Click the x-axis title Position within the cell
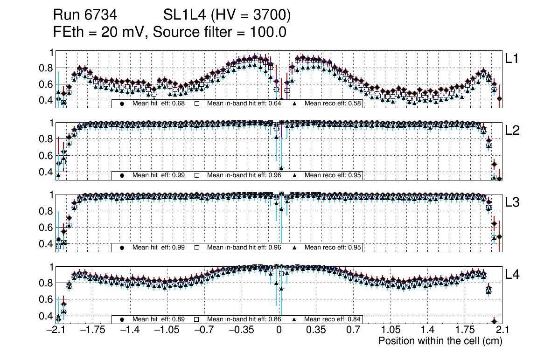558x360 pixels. tap(440, 341)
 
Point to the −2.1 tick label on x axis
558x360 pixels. tap(56, 330)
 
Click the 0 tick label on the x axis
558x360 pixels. tap(279, 330)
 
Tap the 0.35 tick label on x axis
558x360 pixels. tap(316, 330)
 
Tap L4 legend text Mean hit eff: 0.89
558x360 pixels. tap(159, 319)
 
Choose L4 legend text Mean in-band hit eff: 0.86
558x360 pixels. tap(244, 319)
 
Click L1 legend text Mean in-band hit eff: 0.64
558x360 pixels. tap(244, 104)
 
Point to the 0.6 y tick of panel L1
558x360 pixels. tap(47, 84)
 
